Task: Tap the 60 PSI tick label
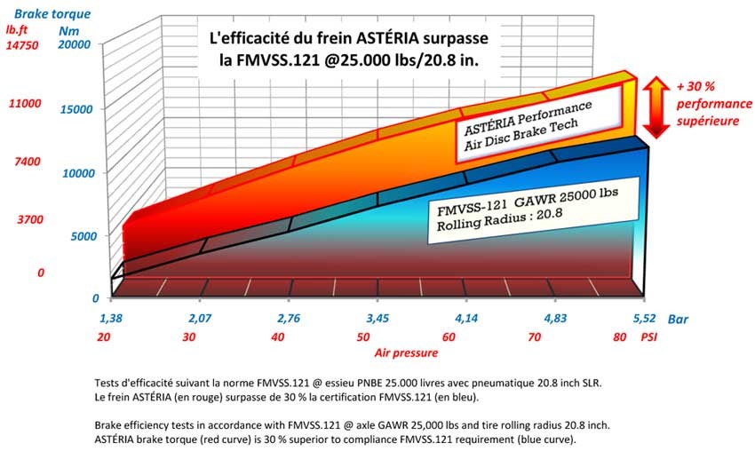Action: pos(448,337)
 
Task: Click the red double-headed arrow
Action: pos(656,106)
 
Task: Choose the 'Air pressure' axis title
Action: pos(405,353)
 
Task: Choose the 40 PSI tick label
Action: pos(279,337)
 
